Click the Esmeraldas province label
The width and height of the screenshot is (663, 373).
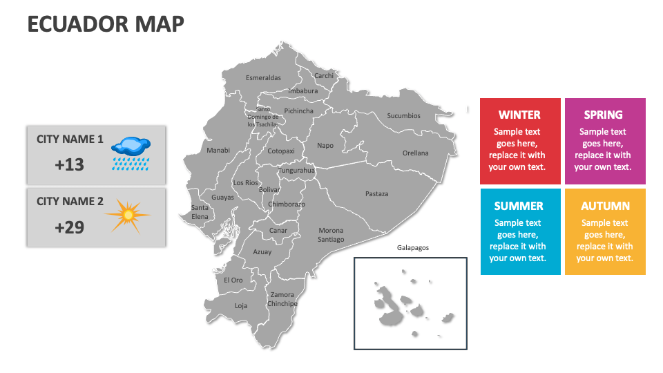(x=263, y=77)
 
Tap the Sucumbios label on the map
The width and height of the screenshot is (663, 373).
(x=403, y=115)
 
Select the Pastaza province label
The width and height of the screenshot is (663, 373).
(x=376, y=193)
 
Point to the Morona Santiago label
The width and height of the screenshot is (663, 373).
(x=331, y=235)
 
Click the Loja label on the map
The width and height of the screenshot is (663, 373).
(x=240, y=305)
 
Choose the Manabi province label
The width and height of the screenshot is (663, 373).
(x=218, y=150)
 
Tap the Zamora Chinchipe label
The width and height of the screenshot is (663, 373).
(x=282, y=299)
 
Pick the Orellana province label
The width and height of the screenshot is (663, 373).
(x=415, y=153)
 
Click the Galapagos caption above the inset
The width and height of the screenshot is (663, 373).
(x=413, y=247)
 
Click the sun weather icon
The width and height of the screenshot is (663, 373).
(x=128, y=216)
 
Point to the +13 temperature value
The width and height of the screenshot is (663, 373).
(x=69, y=164)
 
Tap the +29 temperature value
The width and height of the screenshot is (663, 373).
(x=69, y=227)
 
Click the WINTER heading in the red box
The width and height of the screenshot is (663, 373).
(x=519, y=115)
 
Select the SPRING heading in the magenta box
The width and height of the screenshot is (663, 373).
(x=603, y=115)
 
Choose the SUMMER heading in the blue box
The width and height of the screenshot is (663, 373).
(x=519, y=206)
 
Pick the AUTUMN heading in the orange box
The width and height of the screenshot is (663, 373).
(x=605, y=206)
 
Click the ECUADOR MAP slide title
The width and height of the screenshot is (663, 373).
(x=106, y=23)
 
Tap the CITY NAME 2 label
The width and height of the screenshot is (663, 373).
(x=70, y=201)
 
